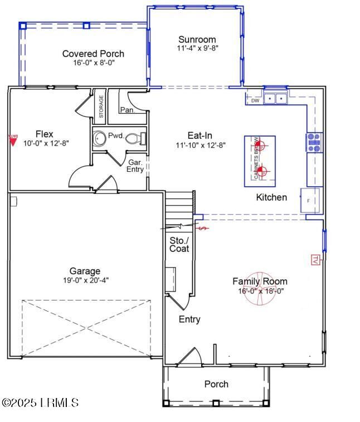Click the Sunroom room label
pos(197,40)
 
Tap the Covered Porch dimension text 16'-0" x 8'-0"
pos(93,62)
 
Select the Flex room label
pos(45,134)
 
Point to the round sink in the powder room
pos(100,138)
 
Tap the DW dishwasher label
pos(255,101)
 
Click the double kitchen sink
pos(275,99)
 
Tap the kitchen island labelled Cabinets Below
pos(260,161)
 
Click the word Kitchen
pos(271,197)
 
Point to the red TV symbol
pos(314,259)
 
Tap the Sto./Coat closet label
pos(179,244)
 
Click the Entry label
pos(189,319)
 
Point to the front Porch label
pos(216,384)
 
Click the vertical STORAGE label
pos(101,106)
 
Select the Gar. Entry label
pos(136,166)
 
